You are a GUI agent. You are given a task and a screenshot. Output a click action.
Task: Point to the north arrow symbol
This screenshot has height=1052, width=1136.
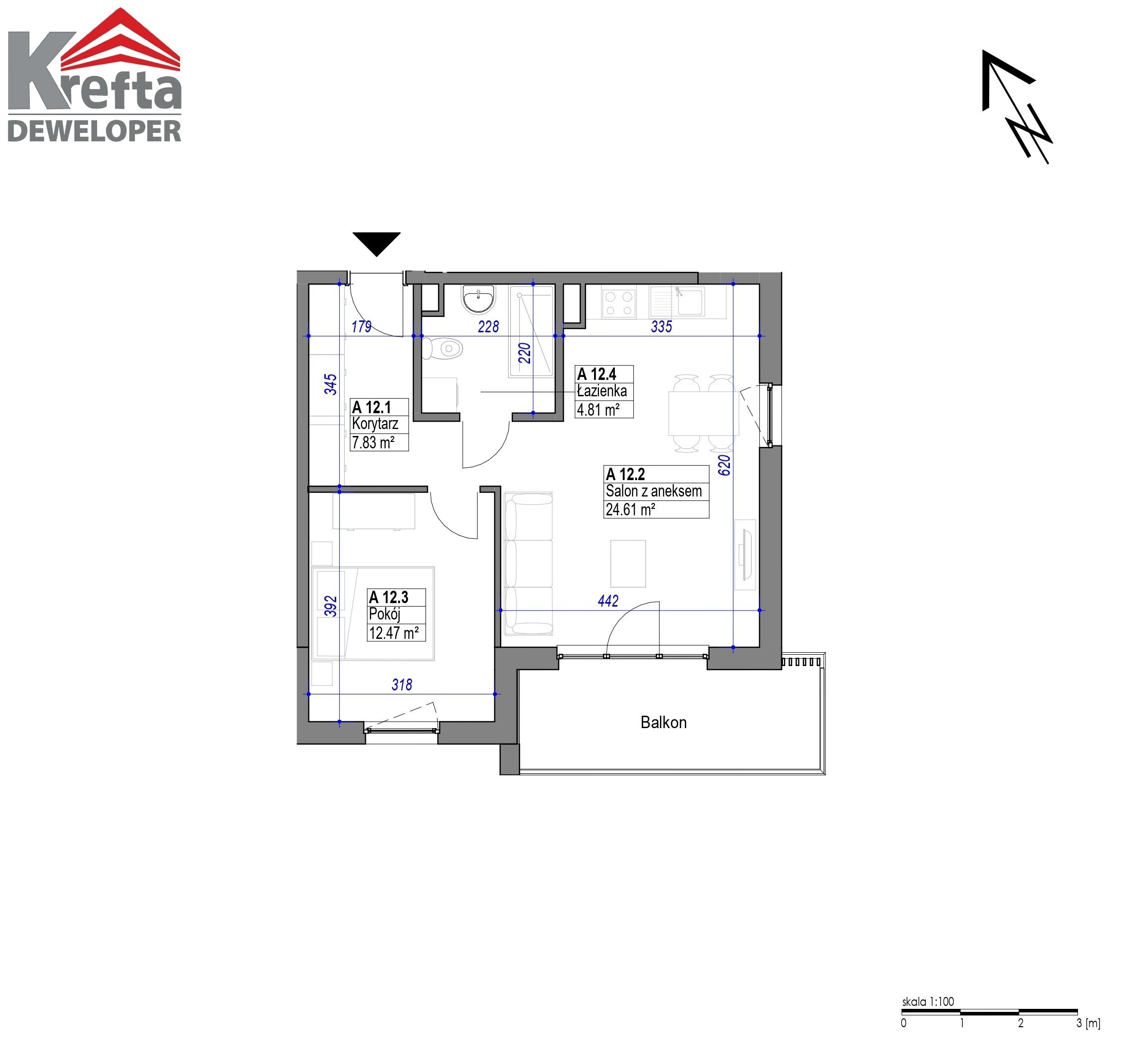click(x=1016, y=107)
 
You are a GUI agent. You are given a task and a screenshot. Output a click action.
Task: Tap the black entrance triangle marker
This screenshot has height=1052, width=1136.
click(x=376, y=244)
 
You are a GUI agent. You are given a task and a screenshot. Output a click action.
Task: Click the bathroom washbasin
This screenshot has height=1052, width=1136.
click(x=478, y=299)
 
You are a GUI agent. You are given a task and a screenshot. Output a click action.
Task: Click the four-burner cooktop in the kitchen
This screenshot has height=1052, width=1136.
click(x=619, y=302)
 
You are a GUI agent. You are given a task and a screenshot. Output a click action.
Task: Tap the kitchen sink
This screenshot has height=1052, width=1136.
click(x=678, y=302)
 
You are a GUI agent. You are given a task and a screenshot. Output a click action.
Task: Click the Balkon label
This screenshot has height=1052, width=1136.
click(x=663, y=722)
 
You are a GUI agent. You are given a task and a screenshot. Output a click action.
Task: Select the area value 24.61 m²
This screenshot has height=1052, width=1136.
click(x=630, y=509)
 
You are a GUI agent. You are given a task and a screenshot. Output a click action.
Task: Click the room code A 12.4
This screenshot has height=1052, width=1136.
click(x=597, y=374)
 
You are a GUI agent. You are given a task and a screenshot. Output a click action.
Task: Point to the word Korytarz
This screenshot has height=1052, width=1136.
click(x=375, y=424)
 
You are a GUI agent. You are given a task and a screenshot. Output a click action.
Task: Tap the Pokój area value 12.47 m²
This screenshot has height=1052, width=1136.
click(x=394, y=632)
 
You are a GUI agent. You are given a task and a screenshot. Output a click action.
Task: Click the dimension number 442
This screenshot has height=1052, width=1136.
click(x=608, y=601)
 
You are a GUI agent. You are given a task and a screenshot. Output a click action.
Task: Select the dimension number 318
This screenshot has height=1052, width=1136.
click(x=402, y=684)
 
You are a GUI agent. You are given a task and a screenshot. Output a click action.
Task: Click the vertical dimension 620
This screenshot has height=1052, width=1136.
click(x=724, y=465)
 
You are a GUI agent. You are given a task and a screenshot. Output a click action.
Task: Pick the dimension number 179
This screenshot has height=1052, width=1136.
click(x=361, y=327)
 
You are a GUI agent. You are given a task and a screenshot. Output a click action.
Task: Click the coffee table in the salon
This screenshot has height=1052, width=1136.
click(x=628, y=563)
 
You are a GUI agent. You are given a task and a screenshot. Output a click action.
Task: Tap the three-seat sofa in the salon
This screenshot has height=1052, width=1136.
click(x=529, y=563)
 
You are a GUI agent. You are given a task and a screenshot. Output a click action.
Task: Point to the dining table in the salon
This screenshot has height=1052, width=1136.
click(x=704, y=413)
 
